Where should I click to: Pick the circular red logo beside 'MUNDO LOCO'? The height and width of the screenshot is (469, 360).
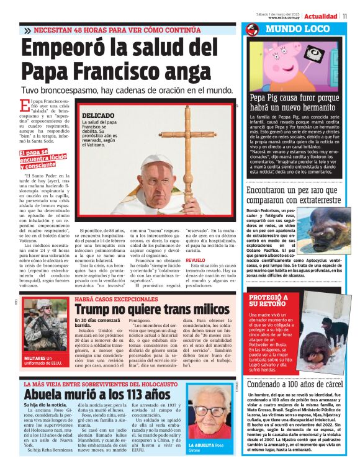[252, 29]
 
